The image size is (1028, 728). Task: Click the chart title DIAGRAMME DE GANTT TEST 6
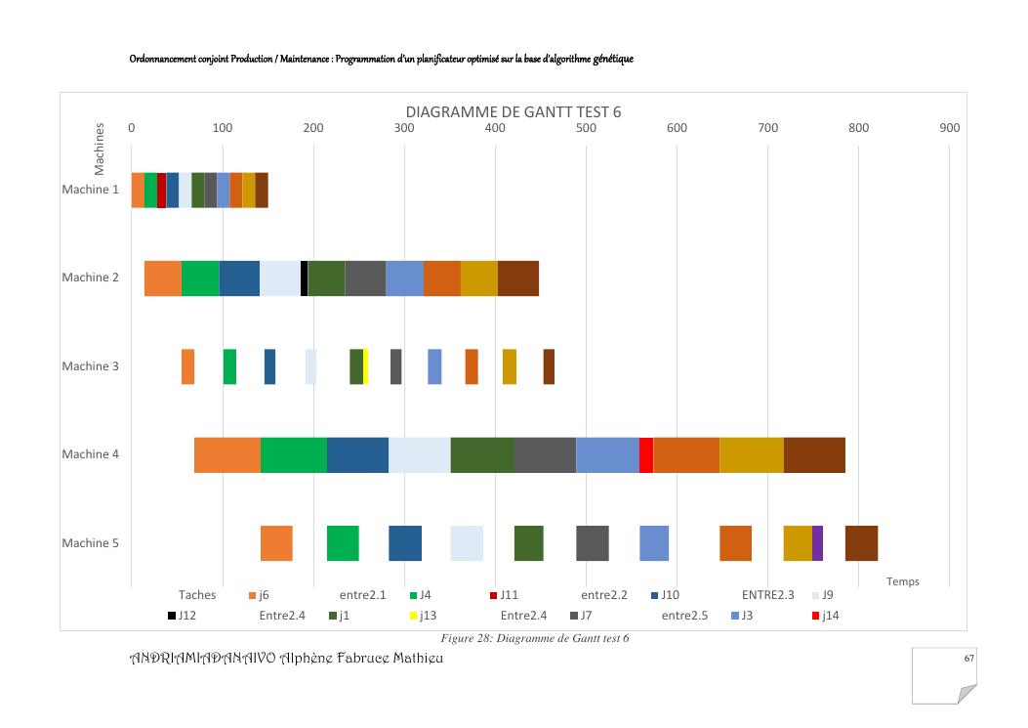point(514,111)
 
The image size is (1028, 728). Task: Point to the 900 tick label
point(949,128)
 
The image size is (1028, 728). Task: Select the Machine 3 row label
point(91,366)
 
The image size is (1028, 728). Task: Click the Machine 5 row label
point(91,543)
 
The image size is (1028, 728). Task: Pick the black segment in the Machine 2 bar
point(305,278)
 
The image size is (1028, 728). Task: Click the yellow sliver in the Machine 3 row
point(366,366)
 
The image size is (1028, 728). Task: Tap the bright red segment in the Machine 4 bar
point(646,454)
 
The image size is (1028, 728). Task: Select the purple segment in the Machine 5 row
point(817,543)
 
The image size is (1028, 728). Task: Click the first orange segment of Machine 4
point(227,454)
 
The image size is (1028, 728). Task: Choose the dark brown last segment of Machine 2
point(518,278)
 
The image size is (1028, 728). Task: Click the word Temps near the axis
point(903,581)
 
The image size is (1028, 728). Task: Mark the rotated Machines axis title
point(99,150)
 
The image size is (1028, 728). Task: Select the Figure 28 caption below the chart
point(534,638)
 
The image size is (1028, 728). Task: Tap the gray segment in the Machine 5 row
point(593,543)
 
